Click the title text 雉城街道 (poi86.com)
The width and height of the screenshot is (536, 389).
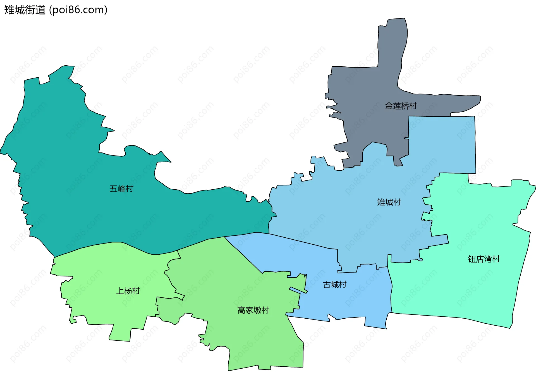pyautogui.click(x=56, y=10)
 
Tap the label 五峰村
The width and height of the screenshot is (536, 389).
pyautogui.click(x=121, y=189)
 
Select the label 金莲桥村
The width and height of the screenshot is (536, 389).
pyautogui.click(x=401, y=106)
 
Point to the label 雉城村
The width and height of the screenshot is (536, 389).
pyautogui.click(x=389, y=202)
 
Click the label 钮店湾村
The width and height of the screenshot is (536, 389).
pyautogui.click(x=484, y=259)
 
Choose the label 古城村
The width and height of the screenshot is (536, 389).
pyautogui.click(x=335, y=285)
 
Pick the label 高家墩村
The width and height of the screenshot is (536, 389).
pyautogui.click(x=253, y=310)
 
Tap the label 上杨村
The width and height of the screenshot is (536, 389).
pyautogui.click(x=128, y=291)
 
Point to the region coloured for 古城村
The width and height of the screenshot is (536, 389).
pyautogui.click(x=349, y=302)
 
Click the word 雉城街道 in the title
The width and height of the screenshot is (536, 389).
pyautogui.click(x=25, y=10)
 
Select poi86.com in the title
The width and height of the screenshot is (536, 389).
pyautogui.click(x=78, y=10)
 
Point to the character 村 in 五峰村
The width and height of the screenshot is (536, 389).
pyautogui.click(x=130, y=189)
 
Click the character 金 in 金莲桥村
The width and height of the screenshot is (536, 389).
pyautogui.click(x=389, y=106)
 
